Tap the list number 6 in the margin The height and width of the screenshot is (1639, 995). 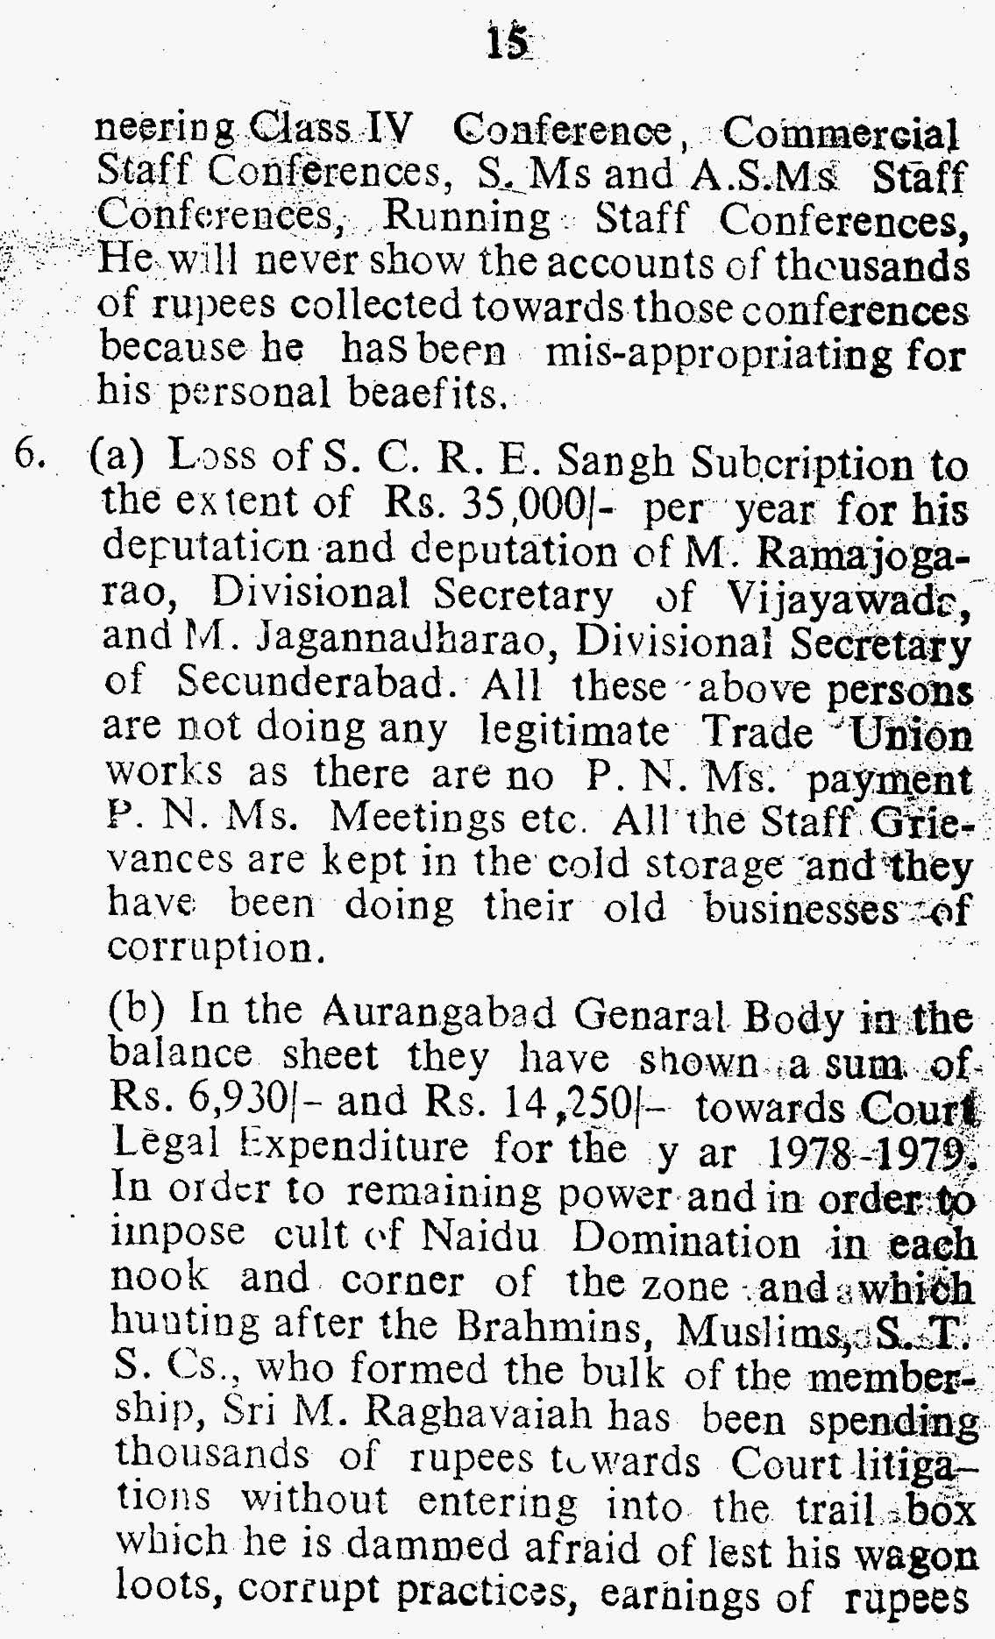[x=33, y=459]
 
